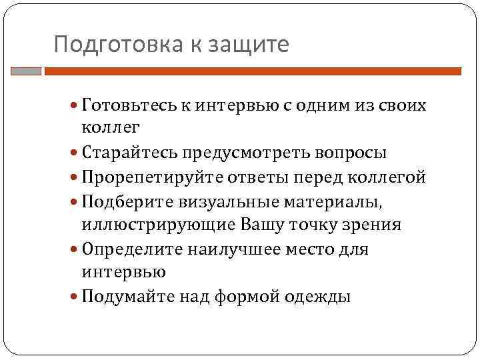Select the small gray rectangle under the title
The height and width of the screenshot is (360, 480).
click(x=26, y=71)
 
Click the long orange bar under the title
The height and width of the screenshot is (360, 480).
click(x=253, y=71)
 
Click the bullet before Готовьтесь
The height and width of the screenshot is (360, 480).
click(x=75, y=106)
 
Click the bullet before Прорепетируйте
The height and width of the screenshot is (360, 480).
click(x=75, y=178)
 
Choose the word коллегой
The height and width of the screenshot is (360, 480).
click(x=390, y=177)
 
